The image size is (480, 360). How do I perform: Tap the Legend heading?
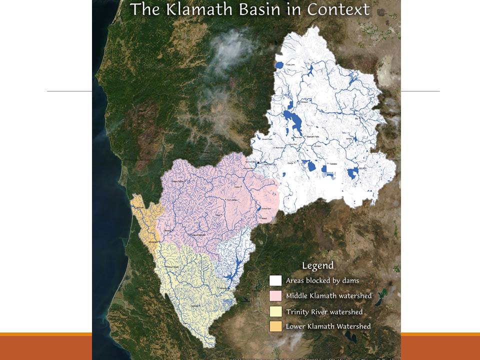(x=317, y=265)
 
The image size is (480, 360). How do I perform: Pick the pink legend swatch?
(x=275, y=295)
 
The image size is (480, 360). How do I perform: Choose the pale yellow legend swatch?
(x=275, y=311)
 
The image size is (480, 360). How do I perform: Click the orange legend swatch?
(x=275, y=326)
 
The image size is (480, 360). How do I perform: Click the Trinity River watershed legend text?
(x=324, y=311)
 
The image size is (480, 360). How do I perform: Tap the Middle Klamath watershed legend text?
(x=328, y=295)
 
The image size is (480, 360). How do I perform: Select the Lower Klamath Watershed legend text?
(x=328, y=326)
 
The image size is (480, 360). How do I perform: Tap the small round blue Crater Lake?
(x=279, y=65)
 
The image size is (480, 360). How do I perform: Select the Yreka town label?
(x=238, y=187)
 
